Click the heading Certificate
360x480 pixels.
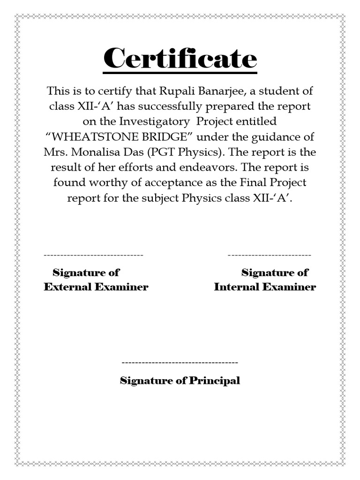[180, 59]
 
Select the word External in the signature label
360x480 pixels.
[67, 287]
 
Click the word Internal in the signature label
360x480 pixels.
[236, 287]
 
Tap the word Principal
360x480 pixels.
[214, 380]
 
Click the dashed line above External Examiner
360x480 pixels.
[93, 255]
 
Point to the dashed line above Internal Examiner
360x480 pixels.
[269, 255]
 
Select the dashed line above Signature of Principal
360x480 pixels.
[180, 363]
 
